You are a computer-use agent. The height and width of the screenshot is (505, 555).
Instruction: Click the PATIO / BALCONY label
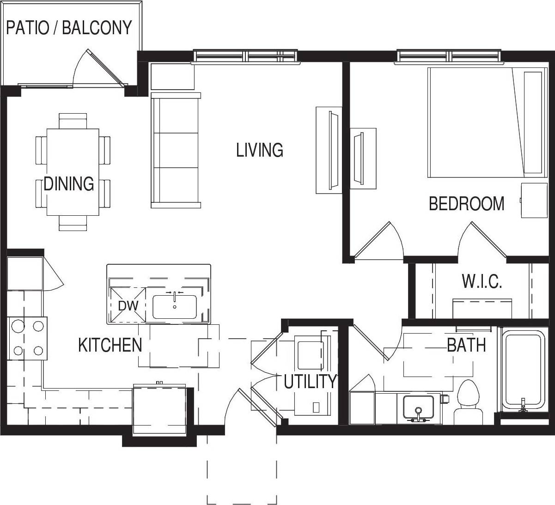[69, 28]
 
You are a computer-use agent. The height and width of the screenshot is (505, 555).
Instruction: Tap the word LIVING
[259, 150]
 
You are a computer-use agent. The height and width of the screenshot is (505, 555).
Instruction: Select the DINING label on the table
[69, 184]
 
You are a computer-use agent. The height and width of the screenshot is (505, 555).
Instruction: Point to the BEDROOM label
[466, 204]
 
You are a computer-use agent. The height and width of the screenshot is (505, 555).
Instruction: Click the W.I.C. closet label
[482, 281]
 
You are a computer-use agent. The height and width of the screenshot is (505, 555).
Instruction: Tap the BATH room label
[466, 345]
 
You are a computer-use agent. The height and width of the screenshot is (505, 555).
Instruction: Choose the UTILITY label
[310, 382]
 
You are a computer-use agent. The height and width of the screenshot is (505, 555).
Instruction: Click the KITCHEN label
[110, 345]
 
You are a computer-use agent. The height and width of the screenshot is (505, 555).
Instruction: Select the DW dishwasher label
[128, 306]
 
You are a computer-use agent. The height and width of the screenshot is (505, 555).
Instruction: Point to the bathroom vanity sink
[418, 407]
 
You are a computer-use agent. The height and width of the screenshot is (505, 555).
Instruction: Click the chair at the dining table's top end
[73, 121]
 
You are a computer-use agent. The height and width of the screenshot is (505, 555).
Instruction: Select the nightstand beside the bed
[534, 200]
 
